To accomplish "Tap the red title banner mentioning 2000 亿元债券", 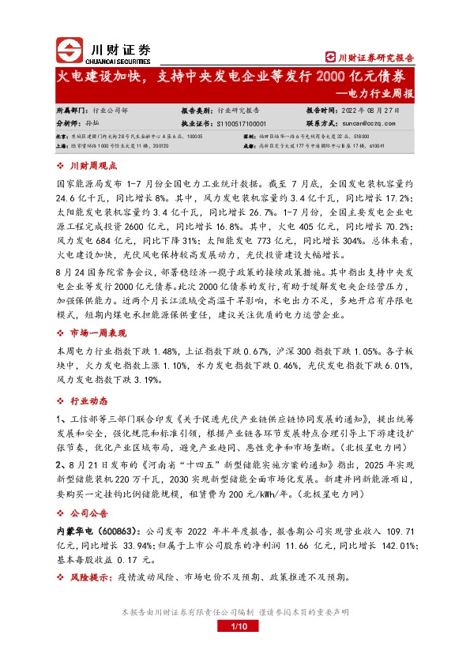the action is [x=235, y=77].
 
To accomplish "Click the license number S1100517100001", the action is [x=241, y=124].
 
